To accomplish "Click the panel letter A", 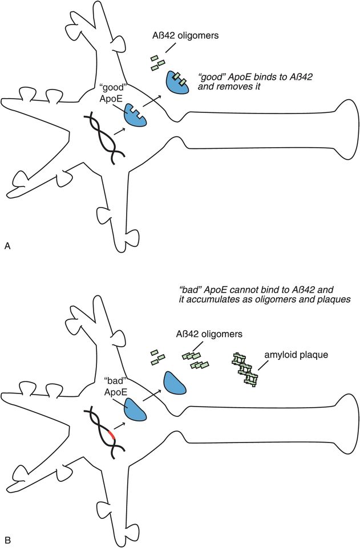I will coord(7,246).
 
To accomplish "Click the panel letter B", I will coord(7,538).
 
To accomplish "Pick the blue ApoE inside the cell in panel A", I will coord(137,115).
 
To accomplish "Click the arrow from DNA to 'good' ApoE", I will coord(119,131).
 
